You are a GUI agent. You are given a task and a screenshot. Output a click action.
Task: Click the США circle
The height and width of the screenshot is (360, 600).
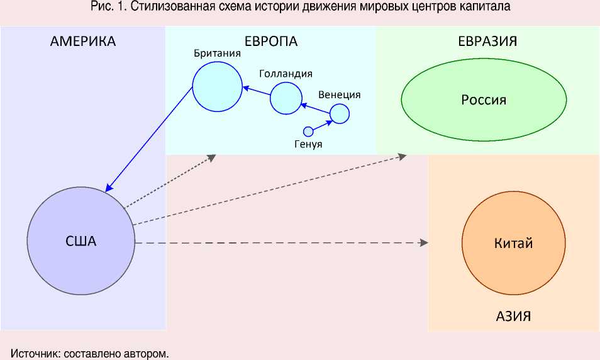[x=81, y=242]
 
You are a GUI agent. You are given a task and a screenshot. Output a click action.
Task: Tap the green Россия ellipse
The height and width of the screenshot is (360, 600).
[x=484, y=99]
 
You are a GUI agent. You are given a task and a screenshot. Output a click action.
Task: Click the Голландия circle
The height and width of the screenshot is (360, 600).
[x=286, y=98]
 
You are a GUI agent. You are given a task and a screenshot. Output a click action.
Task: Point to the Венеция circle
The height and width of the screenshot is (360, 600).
[x=340, y=113]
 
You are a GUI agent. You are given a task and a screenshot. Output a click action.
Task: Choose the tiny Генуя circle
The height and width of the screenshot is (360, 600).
[x=308, y=132]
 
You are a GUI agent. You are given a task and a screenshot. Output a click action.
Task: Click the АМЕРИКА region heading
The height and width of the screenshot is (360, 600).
[x=83, y=42]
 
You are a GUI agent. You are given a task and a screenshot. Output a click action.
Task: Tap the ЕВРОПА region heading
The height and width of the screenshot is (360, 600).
[x=270, y=42]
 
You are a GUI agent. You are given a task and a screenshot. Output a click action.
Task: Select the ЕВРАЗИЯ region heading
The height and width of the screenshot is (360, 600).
[x=487, y=42]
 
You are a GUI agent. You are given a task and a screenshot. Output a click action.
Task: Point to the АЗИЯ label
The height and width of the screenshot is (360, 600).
[x=513, y=316]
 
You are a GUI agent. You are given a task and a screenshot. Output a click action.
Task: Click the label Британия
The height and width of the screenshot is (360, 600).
[x=218, y=53]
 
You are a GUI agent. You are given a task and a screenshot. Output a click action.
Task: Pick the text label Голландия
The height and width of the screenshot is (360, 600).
[x=286, y=74]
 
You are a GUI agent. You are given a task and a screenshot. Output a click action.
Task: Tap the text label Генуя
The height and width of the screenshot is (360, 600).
[x=308, y=144]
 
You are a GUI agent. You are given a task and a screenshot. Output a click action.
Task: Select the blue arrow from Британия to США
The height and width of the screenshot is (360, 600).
[x=150, y=139]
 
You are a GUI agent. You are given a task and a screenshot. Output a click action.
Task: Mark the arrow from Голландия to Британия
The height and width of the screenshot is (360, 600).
[x=257, y=94]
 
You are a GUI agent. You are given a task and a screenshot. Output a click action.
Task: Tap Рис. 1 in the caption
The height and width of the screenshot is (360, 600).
[x=106, y=6]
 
